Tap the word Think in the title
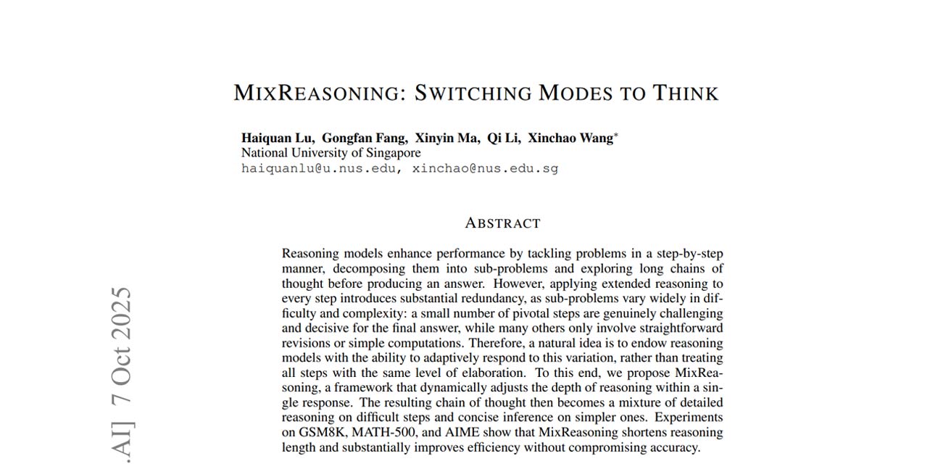(x=685, y=94)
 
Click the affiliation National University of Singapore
(x=331, y=153)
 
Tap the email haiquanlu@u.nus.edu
(x=320, y=168)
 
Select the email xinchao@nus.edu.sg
(x=485, y=168)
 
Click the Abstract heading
(x=502, y=223)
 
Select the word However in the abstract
(x=520, y=283)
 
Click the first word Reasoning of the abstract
(x=310, y=254)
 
